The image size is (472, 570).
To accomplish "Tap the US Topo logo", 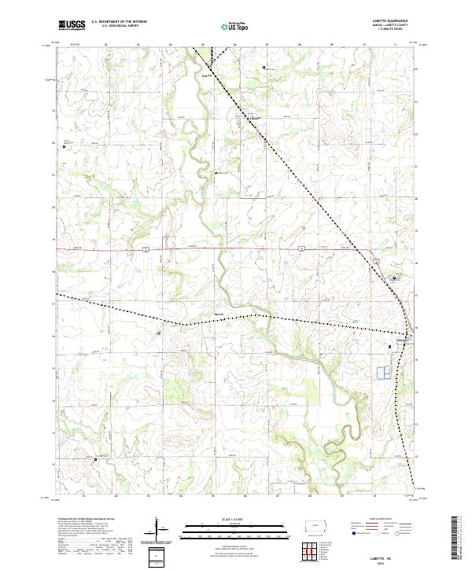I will (x=236, y=25).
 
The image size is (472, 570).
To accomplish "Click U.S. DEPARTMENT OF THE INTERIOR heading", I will (x=119, y=22).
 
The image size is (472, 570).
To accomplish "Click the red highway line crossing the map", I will (x=236, y=248).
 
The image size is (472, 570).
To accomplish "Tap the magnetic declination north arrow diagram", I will (x=157, y=531).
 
